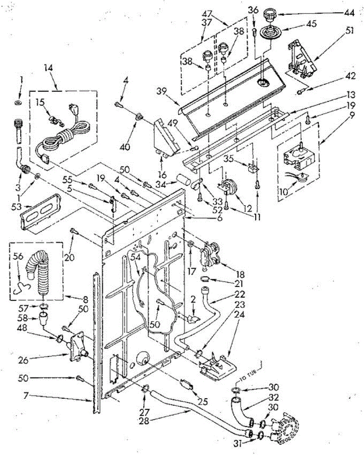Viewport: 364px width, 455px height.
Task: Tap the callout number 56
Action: pos(17,256)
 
